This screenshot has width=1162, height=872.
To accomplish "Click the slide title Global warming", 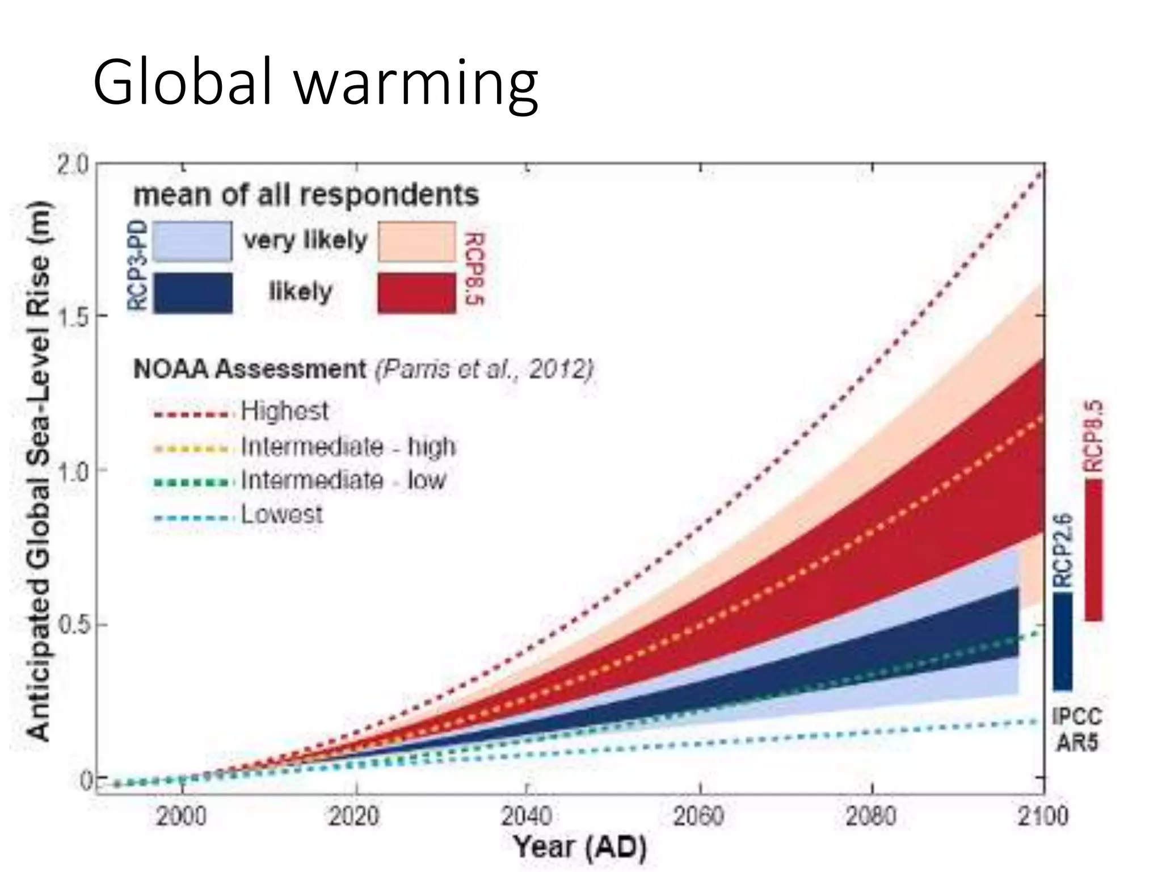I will click(x=315, y=83).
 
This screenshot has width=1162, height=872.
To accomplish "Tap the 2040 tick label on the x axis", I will click(x=527, y=816).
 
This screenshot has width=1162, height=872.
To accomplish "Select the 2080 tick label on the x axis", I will click(x=871, y=816).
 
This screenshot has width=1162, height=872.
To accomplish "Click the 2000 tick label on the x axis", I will click(x=182, y=816).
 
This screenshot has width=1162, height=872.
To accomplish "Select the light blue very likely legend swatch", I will click(x=192, y=242).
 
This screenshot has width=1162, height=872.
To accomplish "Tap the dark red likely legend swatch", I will click(x=417, y=293).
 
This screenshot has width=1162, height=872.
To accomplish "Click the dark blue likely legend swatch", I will click(x=192, y=293).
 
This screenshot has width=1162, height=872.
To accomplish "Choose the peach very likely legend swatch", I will click(x=417, y=242).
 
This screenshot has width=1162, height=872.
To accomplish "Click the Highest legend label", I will click(x=284, y=410).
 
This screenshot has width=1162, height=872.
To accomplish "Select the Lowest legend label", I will click(x=282, y=514).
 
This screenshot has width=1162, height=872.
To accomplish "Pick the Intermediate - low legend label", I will click(x=343, y=480).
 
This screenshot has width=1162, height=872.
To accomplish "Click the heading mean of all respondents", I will click(x=306, y=195).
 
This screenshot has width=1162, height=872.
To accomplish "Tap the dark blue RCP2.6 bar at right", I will click(x=1063, y=642).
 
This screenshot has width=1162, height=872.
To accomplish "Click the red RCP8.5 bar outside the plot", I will click(x=1093, y=550).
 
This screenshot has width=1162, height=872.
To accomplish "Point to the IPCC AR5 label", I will click(x=1077, y=730).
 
